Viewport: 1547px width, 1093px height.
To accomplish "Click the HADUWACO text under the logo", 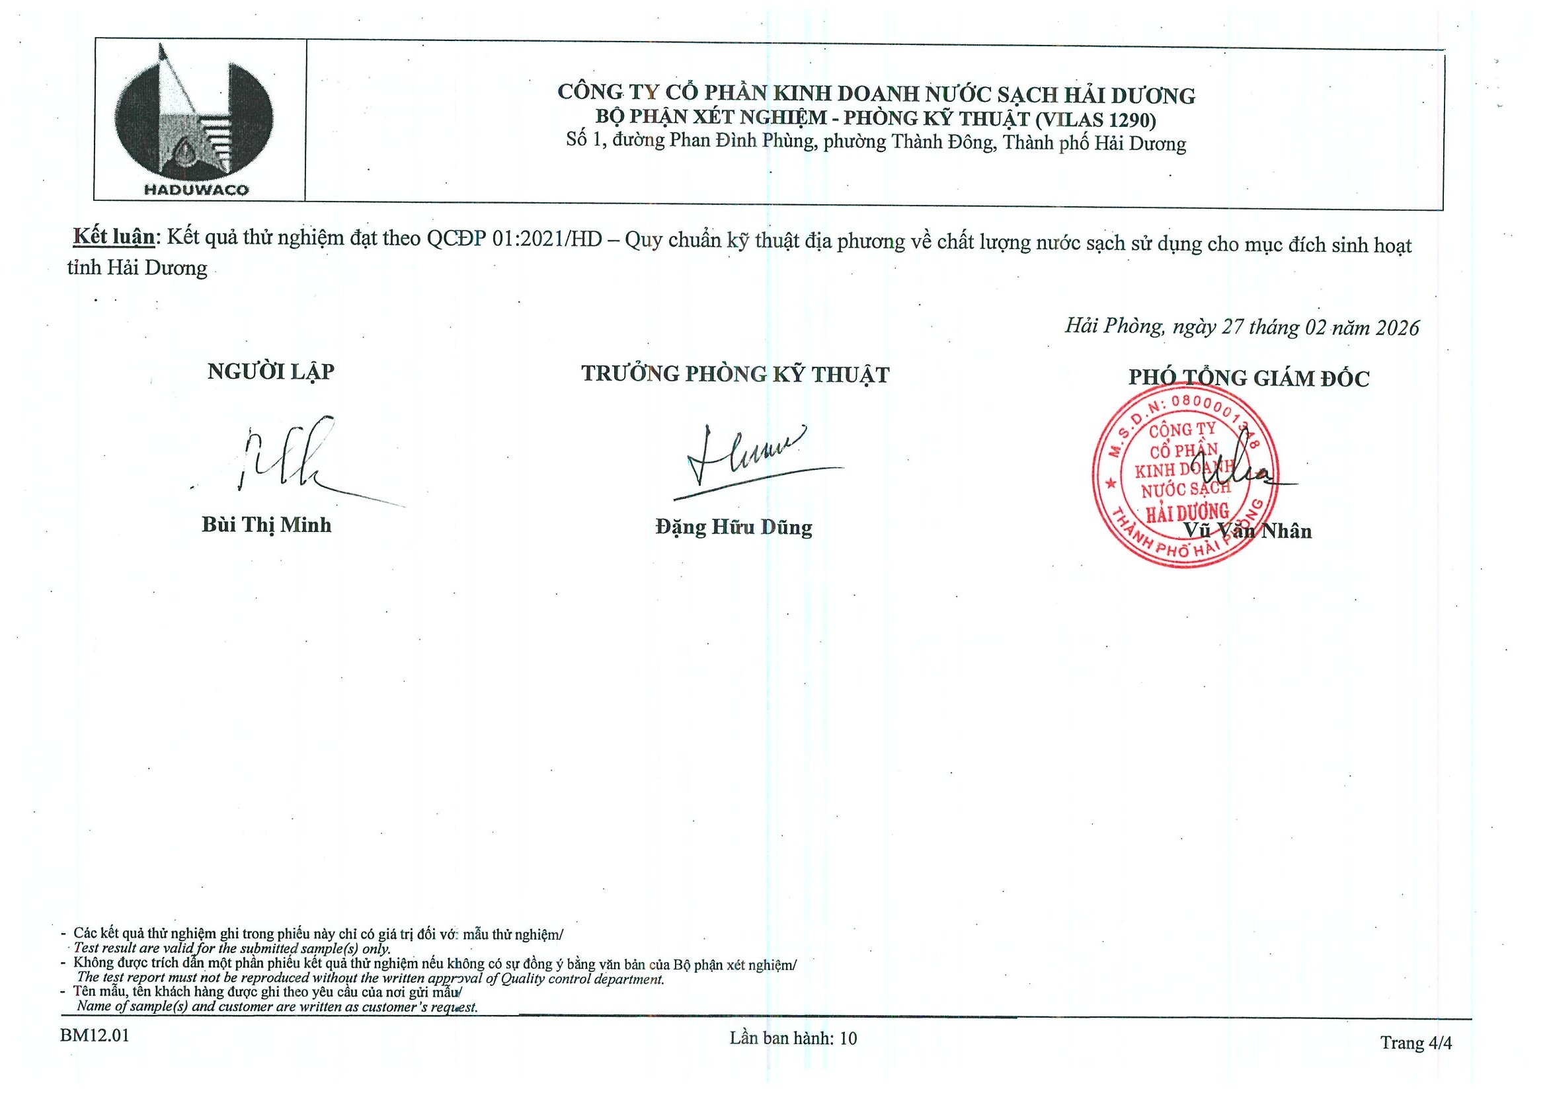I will coord(196,190).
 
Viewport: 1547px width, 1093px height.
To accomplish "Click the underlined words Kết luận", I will coord(114,237).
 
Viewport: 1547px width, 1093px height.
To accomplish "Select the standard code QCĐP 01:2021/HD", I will coord(514,239).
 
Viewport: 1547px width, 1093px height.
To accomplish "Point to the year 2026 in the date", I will coord(1398,328).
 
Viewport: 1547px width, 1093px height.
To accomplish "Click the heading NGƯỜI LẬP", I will coord(271,372).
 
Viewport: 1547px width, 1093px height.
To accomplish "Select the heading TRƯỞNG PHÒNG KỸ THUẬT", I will coord(735,375).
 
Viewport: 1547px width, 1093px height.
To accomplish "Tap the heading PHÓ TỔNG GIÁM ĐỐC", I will coord(1249,379).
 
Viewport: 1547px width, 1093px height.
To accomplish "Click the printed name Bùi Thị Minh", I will coord(266,525).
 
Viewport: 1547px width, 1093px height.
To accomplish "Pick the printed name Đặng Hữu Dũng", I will coord(734,527).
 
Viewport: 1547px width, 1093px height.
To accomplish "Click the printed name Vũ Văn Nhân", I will coord(1248,531).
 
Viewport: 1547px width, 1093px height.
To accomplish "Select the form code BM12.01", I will coord(95,1035).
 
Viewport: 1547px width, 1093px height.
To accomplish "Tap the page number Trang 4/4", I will coord(1415,1043).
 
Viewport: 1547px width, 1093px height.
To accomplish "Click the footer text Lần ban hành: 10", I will coord(793,1037).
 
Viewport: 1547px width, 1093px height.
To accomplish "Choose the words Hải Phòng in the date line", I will coord(1113,326).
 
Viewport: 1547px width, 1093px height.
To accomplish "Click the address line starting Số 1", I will coord(876,143).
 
